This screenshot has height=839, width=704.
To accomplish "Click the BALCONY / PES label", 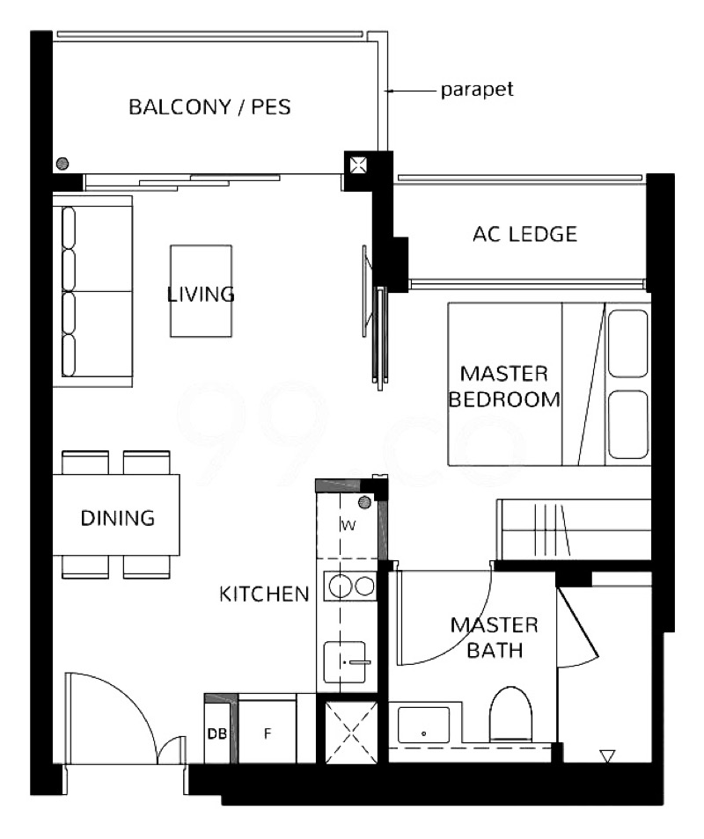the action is (x=209, y=107).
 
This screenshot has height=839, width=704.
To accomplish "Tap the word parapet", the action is (x=476, y=90).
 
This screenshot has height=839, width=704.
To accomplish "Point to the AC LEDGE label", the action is (x=524, y=234).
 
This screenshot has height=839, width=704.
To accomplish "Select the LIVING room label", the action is (x=201, y=294).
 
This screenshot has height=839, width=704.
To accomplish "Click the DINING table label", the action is (x=118, y=518).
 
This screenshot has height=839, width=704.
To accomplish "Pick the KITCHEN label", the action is (x=265, y=594).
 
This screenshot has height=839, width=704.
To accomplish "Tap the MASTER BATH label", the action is (x=495, y=638).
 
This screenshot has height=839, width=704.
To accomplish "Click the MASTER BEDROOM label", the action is (x=504, y=386).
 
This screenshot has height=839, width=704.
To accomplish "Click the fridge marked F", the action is (x=268, y=731).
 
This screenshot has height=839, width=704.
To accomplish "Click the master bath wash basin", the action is (x=423, y=725).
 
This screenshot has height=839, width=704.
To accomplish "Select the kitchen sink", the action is (x=345, y=662).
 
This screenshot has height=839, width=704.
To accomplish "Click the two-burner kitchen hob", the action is (x=350, y=586).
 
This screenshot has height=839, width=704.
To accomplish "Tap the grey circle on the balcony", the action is (x=62, y=164).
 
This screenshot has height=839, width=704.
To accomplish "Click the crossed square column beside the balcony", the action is (x=358, y=164).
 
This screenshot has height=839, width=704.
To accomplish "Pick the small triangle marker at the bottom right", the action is (x=607, y=756).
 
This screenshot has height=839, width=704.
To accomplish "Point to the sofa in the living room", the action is (x=92, y=292).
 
